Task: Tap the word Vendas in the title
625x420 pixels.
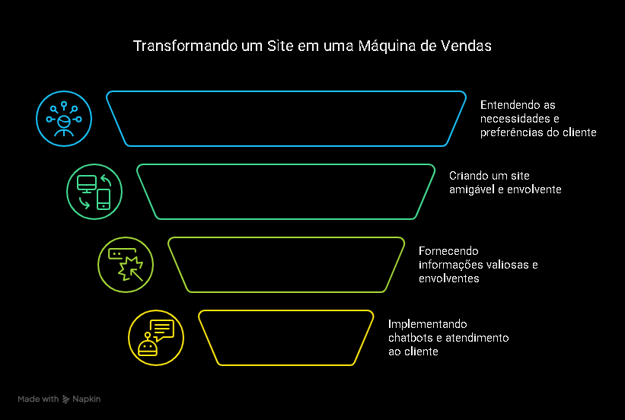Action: pos(466,46)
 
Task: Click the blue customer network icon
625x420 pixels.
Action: pos(64,119)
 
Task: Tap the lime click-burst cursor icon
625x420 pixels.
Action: pos(126,265)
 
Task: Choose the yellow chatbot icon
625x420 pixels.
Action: pos(156,338)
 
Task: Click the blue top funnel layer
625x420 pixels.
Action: pos(285,119)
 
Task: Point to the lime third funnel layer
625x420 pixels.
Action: pos(285,265)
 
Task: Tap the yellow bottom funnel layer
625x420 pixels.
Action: pos(285,338)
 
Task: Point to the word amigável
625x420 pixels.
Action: pos(470,189)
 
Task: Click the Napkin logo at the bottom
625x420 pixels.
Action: pos(81,399)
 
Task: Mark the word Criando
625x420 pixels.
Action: pos(467,175)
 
